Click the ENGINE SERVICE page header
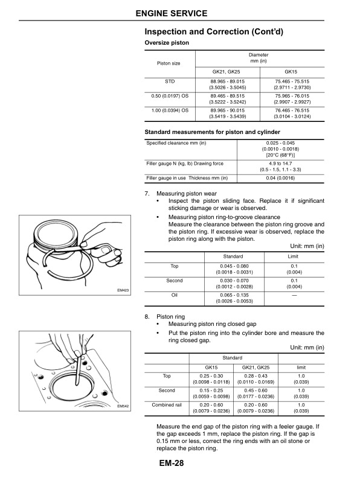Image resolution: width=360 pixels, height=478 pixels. (x=180, y=13)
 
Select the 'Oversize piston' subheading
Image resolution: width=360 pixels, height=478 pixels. (x=167, y=43)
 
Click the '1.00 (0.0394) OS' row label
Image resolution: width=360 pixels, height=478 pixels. (x=170, y=110)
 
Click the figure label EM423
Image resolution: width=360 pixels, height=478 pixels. (x=123, y=290)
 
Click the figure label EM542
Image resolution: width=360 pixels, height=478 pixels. (x=123, y=406)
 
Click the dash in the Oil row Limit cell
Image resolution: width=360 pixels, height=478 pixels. (x=294, y=296)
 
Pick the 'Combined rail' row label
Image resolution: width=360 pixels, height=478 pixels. (x=167, y=405)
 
